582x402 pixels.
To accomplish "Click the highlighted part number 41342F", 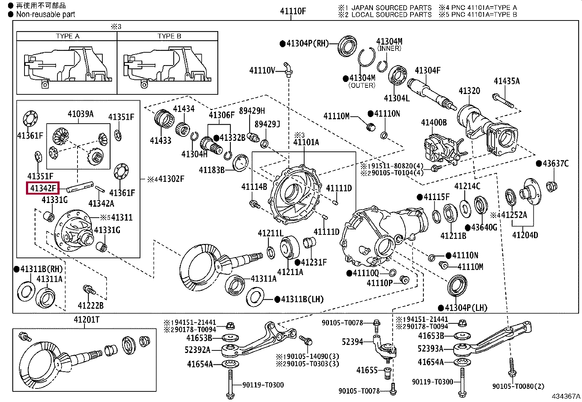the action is [x=43, y=188].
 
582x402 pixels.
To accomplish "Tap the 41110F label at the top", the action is [x=293, y=11].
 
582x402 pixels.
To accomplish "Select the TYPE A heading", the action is [x=68, y=36].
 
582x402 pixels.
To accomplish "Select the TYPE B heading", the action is [x=169, y=36].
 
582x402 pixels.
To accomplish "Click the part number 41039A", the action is [x=80, y=114].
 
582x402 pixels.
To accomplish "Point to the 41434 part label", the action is [x=184, y=108].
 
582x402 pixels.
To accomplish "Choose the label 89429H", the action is [x=252, y=111].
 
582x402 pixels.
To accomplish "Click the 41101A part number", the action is [x=306, y=142].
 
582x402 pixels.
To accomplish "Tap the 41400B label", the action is [x=434, y=122].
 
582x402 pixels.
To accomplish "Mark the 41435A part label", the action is [x=507, y=81].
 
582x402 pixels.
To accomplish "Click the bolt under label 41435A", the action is [x=503, y=101].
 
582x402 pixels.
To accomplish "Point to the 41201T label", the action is [x=87, y=319].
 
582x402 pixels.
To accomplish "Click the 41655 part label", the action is [x=367, y=370].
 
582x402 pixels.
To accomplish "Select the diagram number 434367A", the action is [x=566, y=396].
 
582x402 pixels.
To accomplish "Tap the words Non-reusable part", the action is [x=45, y=14].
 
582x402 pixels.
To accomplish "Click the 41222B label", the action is [x=91, y=305].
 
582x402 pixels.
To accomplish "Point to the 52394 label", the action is [x=352, y=342].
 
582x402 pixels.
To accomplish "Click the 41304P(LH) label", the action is [x=466, y=308].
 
